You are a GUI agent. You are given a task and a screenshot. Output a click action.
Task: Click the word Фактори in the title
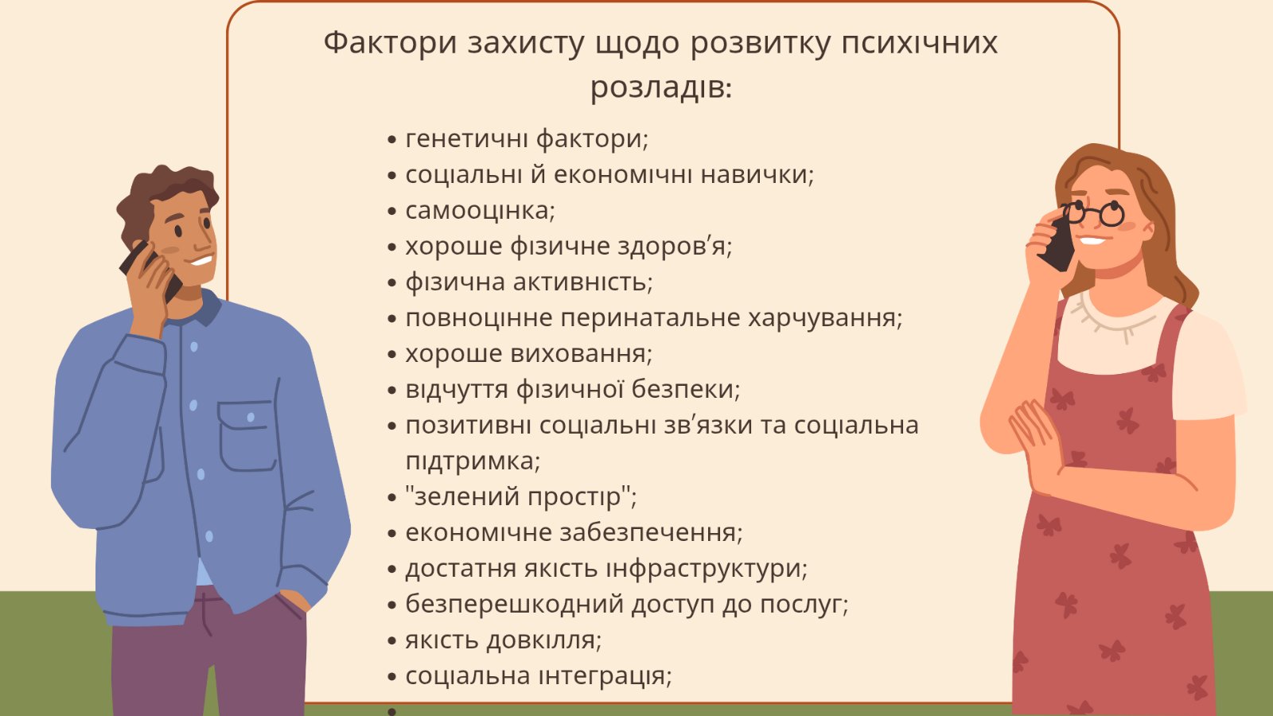391,43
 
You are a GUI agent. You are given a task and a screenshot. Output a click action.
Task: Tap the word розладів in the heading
661,88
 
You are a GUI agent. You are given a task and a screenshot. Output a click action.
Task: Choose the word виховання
581,354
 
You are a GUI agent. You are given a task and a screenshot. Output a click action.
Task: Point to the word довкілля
544,640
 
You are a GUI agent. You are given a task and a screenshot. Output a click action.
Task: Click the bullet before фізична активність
391,283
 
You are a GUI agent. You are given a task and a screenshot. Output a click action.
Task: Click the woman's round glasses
1094,214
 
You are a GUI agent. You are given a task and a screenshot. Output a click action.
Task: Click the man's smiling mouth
201,261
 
